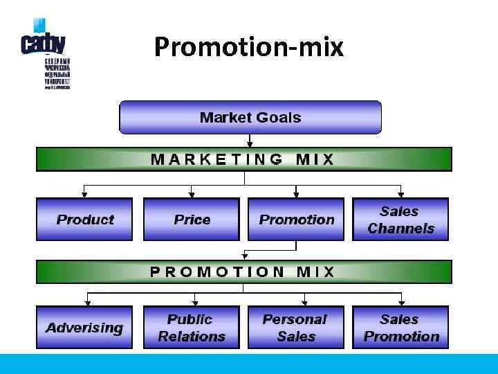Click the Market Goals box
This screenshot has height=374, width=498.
pyautogui.click(x=250, y=117)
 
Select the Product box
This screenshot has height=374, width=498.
pyautogui.click(x=84, y=220)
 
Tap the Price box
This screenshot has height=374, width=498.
pyautogui.click(x=192, y=220)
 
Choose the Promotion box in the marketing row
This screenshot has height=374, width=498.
pyautogui.click(x=296, y=220)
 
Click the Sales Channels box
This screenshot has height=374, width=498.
pyautogui.click(x=400, y=220)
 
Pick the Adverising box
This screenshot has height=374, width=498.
pyautogui.click(x=84, y=328)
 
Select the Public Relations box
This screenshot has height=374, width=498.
pyautogui.click(x=192, y=328)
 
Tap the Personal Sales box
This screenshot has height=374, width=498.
pyautogui.click(x=295, y=328)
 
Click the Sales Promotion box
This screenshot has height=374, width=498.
pyautogui.click(x=400, y=328)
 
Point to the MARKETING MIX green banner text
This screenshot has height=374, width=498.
pyautogui.click(x=243, y=159)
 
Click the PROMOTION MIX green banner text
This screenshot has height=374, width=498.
pyautogui.click(x=243, y=271)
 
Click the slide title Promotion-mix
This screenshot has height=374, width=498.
pyautogui.click(x=248, y=47)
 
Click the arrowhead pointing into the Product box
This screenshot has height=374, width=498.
pyautogui.click(x=84, y=195)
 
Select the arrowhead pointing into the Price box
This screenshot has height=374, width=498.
pyautogui.click(x=192, y=195)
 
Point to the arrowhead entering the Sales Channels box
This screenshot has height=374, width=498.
pyautogui.click(x=400, y=195)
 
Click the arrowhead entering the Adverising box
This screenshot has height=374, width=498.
pyautogui.click(x=88, y=303)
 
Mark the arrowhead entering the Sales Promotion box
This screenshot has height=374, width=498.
pyautogui.click(x=400, y=303)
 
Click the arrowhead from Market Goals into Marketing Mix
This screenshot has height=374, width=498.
pyautogui.click(x=250, y=144)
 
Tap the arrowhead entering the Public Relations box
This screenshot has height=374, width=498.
pyautogui.click(x=195, y=303)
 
